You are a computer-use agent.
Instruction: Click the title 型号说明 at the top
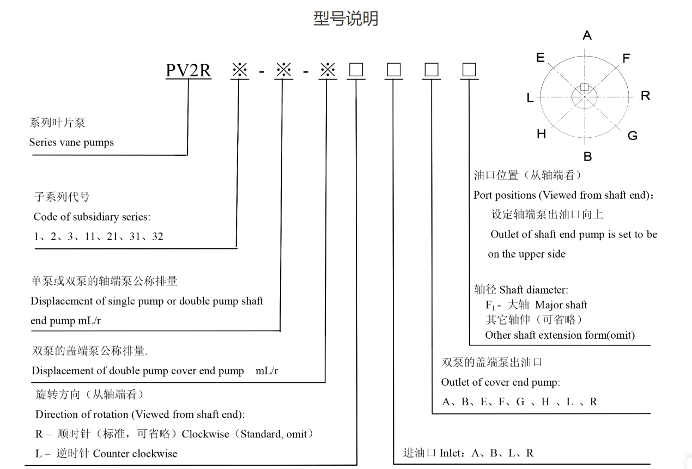point(345,19)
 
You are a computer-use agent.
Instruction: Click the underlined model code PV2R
point(189,71)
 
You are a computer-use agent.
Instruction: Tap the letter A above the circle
point(587,36)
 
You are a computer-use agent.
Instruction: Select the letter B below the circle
point(587,156)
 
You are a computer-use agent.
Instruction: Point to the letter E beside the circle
point(540,58)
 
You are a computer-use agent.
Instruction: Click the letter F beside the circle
point(626,58)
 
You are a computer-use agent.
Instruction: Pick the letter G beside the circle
point(632,136)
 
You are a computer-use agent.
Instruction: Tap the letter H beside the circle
point(541,134)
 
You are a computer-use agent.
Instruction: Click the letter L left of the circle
point(530,99)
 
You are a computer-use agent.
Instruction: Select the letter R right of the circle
point(645,96)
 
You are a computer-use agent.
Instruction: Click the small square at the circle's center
point(584,87)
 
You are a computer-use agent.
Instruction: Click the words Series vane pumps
point(71,143)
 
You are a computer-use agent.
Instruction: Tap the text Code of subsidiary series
point(92,217)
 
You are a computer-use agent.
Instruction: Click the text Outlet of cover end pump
point(500,382)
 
